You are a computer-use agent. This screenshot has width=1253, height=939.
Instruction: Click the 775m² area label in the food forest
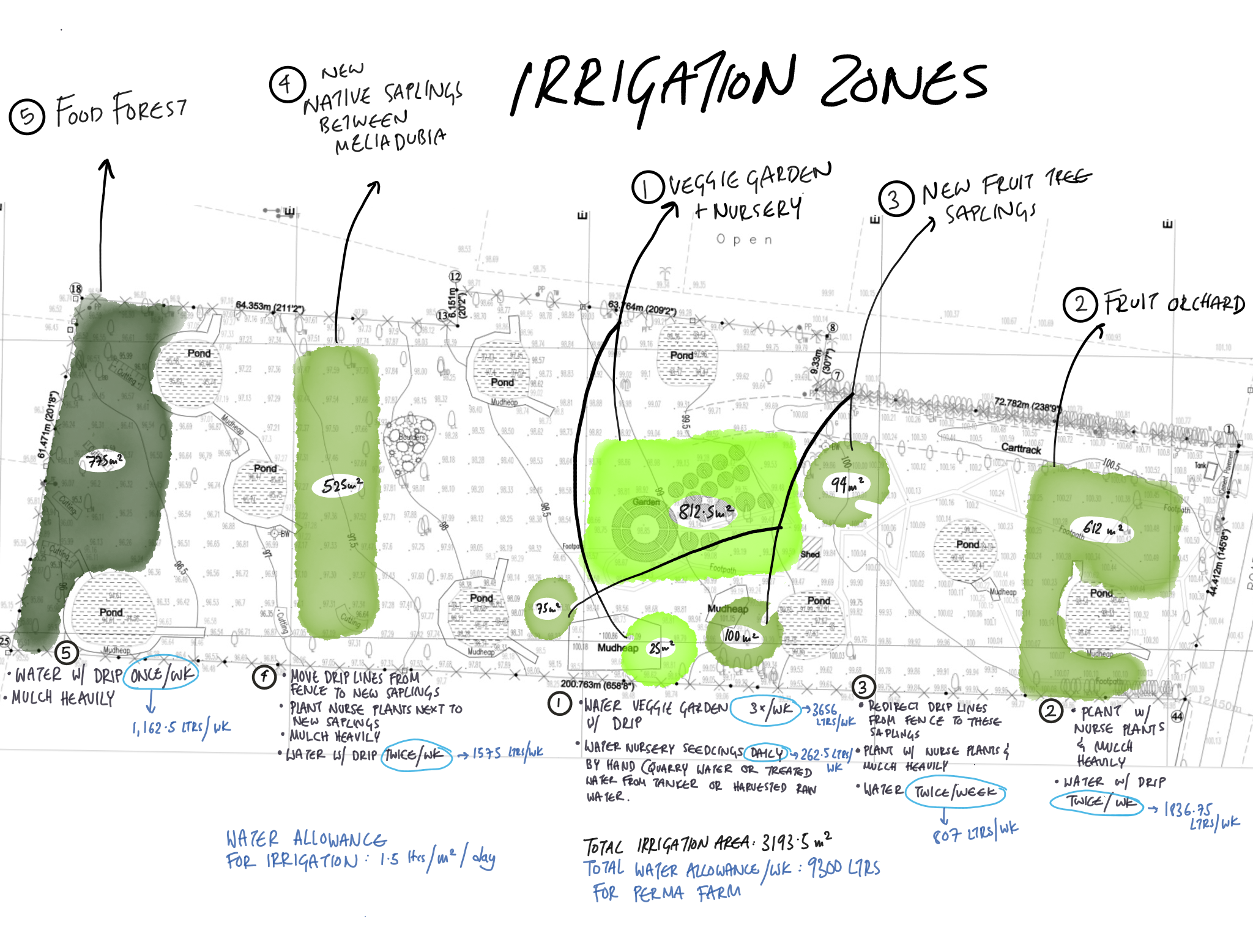pyautogui.click(x=103, y=461)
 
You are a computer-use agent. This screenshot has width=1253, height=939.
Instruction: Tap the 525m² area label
pyautogui.click(x=341, y=486)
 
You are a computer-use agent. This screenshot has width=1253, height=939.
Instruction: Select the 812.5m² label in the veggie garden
pyautogui.click(x=705, y=511)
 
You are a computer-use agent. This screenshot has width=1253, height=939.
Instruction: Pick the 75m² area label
pyautogui.click(x=548, y=608)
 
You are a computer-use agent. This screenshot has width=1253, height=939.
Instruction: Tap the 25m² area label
pyautogui.click(x=661, y=647)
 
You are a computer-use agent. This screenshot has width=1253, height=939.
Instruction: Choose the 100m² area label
pyautogui.click(x=741, y=636)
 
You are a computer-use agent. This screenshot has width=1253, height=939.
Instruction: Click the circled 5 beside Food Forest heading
pyautogui.click(x=27, y=116)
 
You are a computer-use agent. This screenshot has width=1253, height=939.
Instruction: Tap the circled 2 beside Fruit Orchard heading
pyautogui.click(x=1080, y=304)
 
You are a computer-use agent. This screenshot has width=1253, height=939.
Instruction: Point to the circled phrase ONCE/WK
pyautogui.click(x=162, y=674)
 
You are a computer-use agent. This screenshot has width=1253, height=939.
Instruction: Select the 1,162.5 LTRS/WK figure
pyautogui.click(x=181, y=727)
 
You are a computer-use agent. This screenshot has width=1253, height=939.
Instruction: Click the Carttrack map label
pyautogui.click(x=1021, y=449)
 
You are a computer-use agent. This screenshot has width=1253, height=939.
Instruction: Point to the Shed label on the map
pyautogui.click(x=809, y=554)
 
